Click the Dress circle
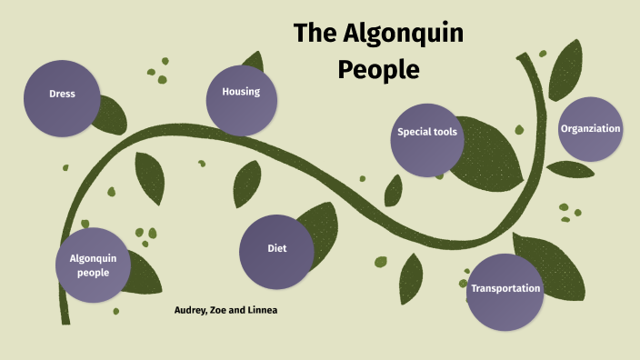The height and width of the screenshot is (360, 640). (x=62, y=94)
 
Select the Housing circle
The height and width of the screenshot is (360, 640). (x=241, y=92)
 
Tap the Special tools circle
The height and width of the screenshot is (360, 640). (x=427, y=133)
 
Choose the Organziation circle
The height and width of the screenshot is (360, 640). (x=590, y=129)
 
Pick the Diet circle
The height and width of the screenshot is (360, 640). (x=276, y=249)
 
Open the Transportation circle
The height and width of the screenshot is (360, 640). (x=505, y=289)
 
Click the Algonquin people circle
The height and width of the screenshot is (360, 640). (x=93, y=265)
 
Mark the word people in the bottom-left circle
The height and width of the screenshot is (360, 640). (x=94, y=272)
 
